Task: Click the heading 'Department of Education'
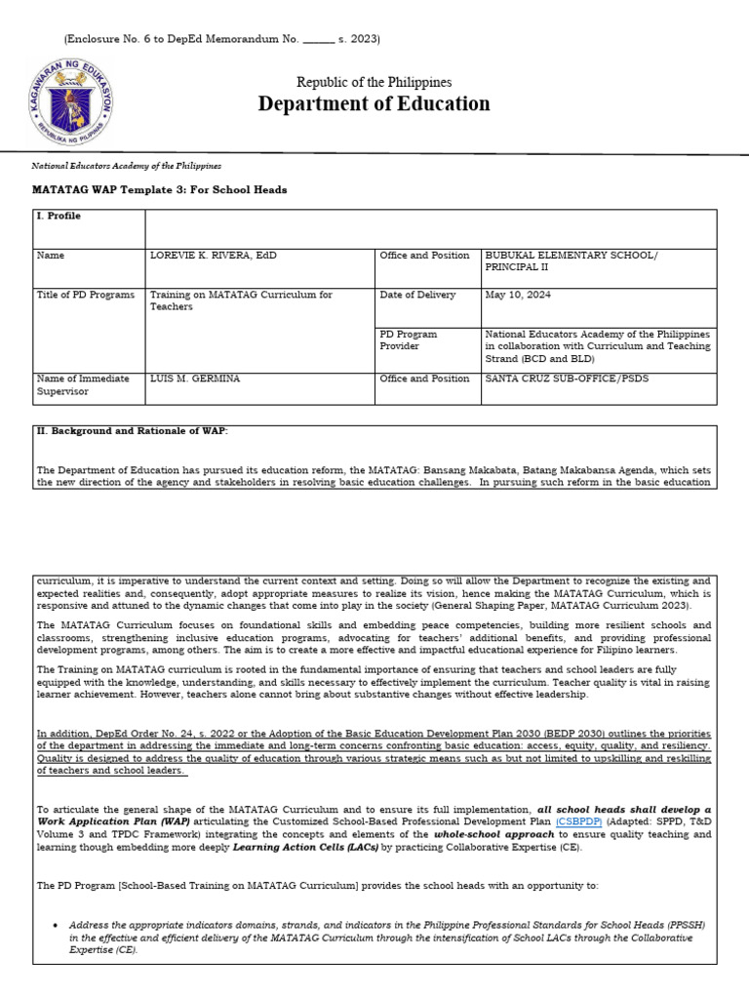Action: click(374, 104)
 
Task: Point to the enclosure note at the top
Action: click(221, 39)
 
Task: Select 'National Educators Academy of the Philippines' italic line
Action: click(127, 167)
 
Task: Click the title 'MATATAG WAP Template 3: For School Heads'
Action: click(160, 190)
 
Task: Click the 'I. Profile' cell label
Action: click(59, 217)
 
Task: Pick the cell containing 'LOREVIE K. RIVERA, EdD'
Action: click(213, 256)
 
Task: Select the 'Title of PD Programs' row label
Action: click(86, 295)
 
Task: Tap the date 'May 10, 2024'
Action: click(522, 295)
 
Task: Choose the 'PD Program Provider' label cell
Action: click(409, 340)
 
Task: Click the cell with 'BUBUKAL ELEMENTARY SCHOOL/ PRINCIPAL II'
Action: click(572, 261)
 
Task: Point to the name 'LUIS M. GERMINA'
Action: click(194, 379)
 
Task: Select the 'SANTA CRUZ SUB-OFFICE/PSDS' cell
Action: click(567, 379)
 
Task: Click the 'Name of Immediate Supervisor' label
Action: click(83, 384)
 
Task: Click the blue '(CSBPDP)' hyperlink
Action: click(579, 822)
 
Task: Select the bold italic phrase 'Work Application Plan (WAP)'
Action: click(105, 822)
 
